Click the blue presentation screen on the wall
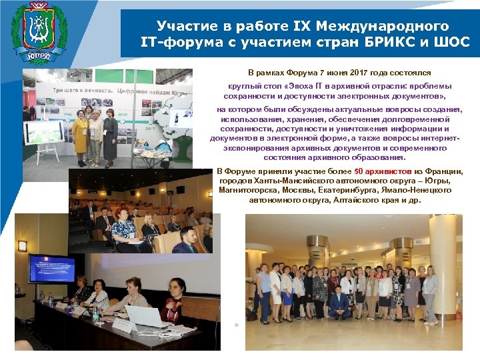click(53, 267)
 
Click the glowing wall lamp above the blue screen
click(23, 245)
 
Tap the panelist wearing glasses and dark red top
click(175, 303)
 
